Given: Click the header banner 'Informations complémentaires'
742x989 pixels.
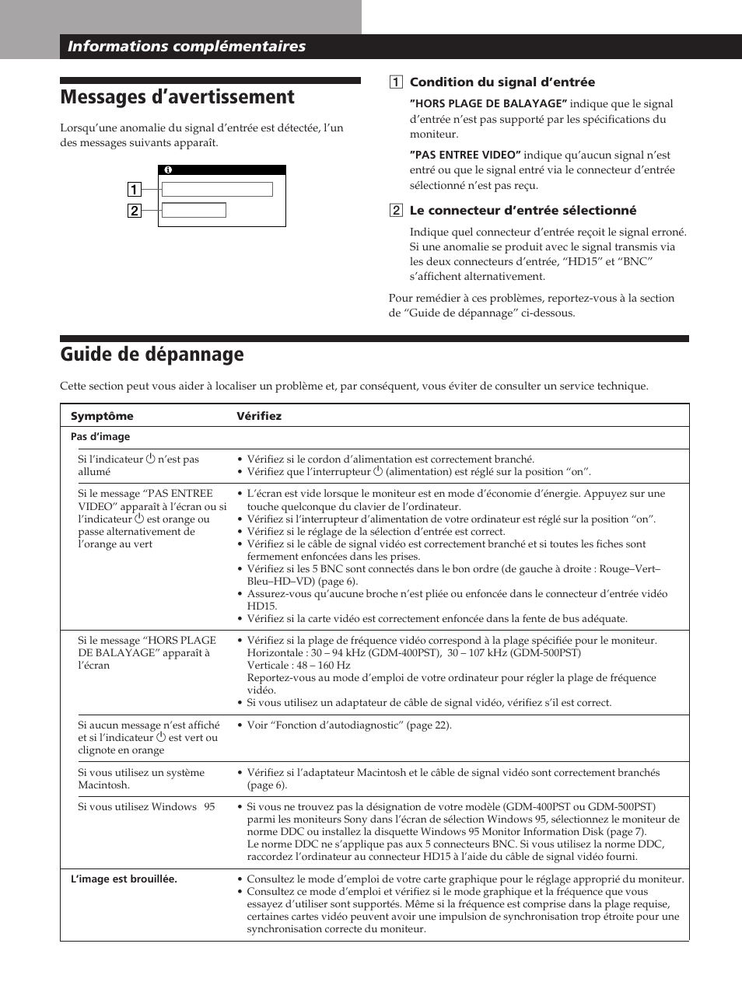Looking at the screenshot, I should [x=187, y=47].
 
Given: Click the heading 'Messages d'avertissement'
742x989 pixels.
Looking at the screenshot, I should [x=177, y=97].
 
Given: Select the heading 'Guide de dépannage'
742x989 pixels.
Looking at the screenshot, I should [x=152, y=355].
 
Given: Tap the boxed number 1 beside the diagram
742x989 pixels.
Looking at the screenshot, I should [x=134, y=190].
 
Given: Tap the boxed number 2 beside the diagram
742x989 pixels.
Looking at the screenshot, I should [x=134, y=211].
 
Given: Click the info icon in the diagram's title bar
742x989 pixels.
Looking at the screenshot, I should [x=167, y=169].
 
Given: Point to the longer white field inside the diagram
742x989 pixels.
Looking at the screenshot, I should [x=217, y=190].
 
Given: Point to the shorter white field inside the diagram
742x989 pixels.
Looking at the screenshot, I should [x=194, y=210].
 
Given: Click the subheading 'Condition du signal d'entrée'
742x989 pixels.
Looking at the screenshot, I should [x=502, y=82].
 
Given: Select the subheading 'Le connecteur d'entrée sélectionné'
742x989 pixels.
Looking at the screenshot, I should [x=523, y=211].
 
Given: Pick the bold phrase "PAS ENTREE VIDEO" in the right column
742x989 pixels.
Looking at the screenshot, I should [x=465, y=156].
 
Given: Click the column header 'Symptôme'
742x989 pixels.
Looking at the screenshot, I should [x=102, y=416].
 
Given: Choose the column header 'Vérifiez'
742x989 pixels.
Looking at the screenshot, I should [x=259, y=416].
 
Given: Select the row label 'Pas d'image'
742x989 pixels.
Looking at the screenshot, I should [x=100, y=437].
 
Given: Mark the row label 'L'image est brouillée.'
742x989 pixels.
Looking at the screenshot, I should [x=124, y=879].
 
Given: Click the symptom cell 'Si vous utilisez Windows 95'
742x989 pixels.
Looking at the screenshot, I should [x=146, y=807].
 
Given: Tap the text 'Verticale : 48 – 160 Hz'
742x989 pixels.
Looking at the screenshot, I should [x=299, y=666].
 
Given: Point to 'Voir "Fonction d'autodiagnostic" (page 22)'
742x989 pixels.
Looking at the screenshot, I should [x=348, y=725].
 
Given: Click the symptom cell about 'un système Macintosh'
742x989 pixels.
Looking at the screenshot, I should [x=141, y=779].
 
